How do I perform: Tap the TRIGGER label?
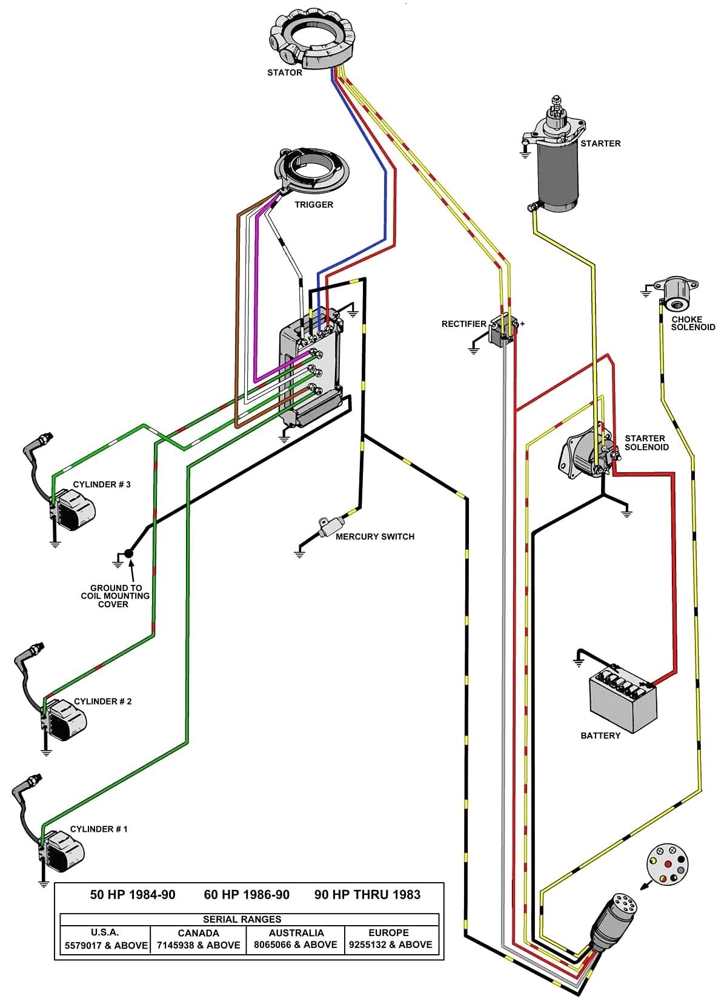(314, 205)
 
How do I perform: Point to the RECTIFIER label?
(463, 324)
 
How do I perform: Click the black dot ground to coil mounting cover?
(129, 553)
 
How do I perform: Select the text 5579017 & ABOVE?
(106, 945)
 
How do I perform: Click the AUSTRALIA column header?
(296, 933)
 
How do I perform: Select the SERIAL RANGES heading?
(242, 919)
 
